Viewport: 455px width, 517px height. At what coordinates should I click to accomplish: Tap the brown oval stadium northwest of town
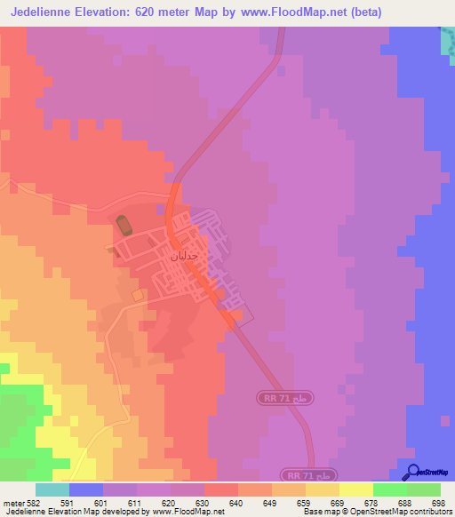pos(123,226)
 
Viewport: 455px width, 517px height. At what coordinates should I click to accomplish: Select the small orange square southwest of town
pos(137,294)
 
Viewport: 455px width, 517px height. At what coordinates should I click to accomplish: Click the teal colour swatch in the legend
pos(52,489)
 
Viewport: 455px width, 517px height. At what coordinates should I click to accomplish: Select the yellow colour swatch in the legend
pos(355,489)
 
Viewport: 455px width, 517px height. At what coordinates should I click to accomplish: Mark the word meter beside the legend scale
pos(14,502)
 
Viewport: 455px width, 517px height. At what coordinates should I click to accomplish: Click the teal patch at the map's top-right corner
pos(447,39)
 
